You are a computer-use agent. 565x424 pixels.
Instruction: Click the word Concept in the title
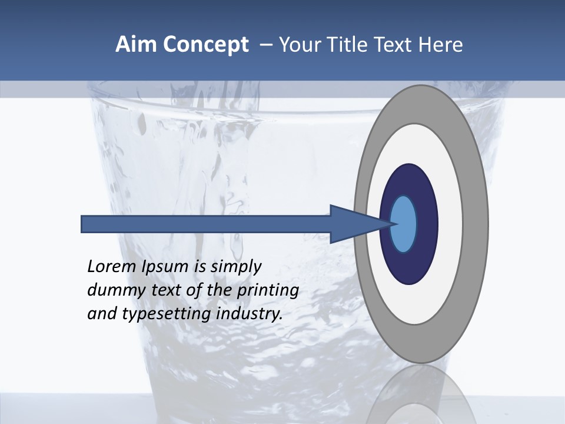pos(206,45)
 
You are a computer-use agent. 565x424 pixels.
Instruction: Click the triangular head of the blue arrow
pos(353,224)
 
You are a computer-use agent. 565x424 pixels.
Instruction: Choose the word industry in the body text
pos(250,314)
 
